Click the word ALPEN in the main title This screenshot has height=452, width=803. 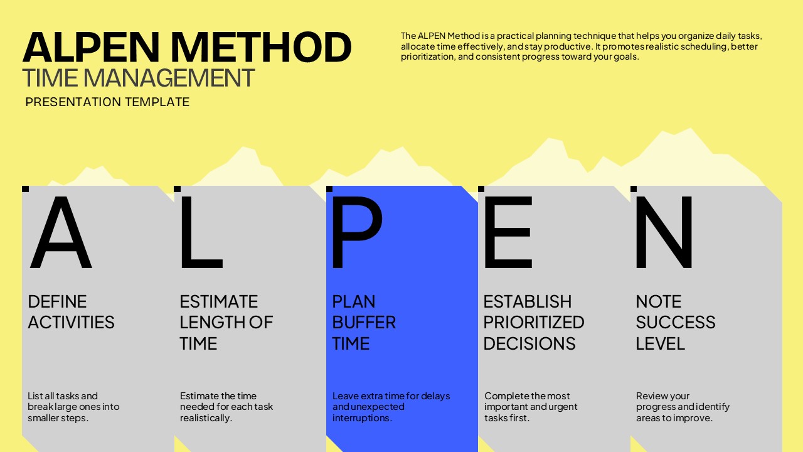(91, 47)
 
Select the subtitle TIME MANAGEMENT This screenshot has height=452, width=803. (139, 78)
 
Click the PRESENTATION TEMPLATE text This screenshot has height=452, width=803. (107, 102)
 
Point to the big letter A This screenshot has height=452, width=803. (61, 232)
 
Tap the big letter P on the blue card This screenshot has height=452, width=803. (358, 232)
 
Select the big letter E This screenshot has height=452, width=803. (508, 232)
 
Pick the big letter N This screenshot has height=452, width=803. (664, 232)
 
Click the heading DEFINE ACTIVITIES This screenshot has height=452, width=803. (71, 312)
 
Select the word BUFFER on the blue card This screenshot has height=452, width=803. (364, 322)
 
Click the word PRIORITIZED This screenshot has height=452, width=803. (534, 322)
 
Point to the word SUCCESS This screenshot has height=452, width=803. (676, 322)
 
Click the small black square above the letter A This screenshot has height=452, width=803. (26, 189)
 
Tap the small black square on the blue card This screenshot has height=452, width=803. (329, 189)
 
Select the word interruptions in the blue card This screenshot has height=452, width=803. (362, 418)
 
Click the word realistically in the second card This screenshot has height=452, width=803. (206, 418)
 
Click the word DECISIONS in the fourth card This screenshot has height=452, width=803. (529, 343)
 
